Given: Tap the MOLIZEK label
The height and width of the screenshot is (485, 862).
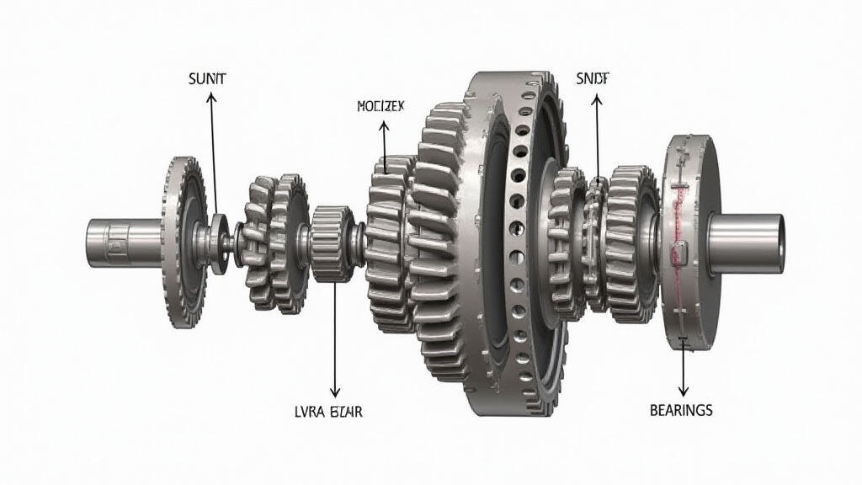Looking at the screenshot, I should (x=381, y=108).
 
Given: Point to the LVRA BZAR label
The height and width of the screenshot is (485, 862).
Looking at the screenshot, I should (x=334, y=411).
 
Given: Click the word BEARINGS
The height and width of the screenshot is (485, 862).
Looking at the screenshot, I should (x=681, y=410).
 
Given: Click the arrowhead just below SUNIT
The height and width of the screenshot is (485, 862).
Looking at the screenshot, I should (x=210, y=98).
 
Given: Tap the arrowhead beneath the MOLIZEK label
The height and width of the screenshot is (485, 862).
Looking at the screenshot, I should (x=384, y=125).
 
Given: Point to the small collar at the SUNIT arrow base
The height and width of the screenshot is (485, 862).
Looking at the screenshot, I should (x=219, y=244).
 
